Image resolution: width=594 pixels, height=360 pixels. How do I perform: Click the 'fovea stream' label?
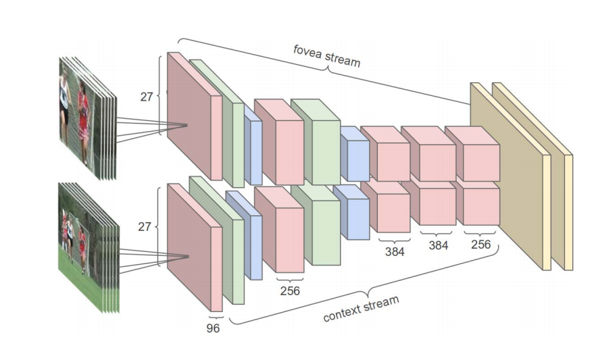click(326, 56)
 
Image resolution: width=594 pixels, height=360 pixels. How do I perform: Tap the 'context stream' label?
click(361, 308)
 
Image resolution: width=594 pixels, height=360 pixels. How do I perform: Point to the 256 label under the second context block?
click(289, 290)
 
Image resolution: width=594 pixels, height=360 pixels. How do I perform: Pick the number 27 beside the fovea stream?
click(147, 96)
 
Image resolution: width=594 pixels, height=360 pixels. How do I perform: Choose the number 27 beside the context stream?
click(145, 226)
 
